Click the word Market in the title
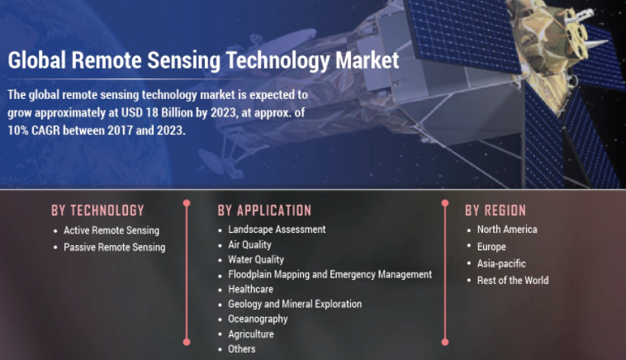coord(367,60)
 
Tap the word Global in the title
coord(36,60)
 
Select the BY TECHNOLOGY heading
coord(97,211)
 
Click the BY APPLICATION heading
coord(264,211)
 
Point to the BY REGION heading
coord(496,211)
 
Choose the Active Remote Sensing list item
coord(111,230)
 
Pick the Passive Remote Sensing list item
coord(115,247)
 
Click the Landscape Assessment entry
coord(277,230)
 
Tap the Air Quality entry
coord(249,244)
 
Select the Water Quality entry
coord(256,259)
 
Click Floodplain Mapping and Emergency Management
coord(330,275)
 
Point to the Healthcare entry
coord(251,289)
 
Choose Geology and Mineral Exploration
coord(295,304)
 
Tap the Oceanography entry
coord(258,319)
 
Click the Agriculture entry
coord(251,334)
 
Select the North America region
coord(507,230)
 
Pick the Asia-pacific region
coord(501,263)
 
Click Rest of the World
coord(513,281)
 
